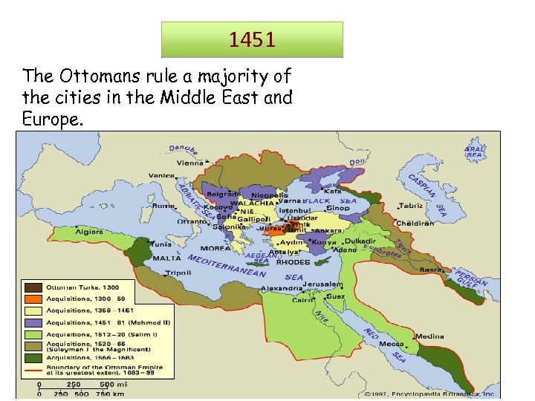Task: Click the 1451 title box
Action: (252, 39)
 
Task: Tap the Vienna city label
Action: (189, 163)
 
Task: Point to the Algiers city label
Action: (89, 232)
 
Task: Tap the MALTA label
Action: (166, 258)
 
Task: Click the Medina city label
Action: (429, 336)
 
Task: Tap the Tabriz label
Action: (410, 206)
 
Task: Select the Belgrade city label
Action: (222, 193)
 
